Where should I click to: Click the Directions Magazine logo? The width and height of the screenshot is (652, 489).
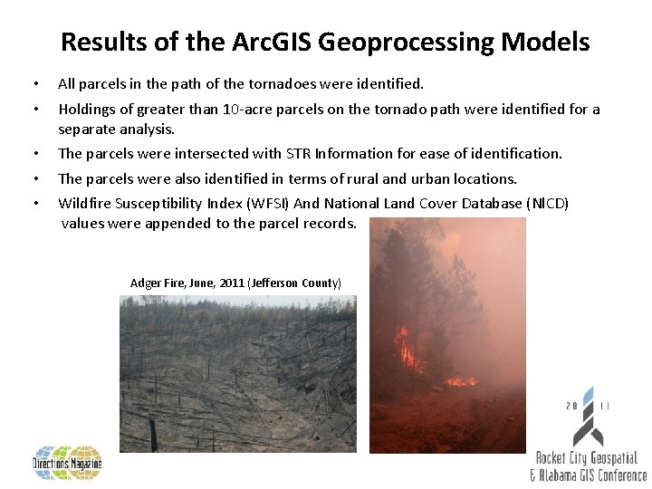tap(68, 463)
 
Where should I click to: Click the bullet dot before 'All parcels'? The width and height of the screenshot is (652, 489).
tap(35, 85)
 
